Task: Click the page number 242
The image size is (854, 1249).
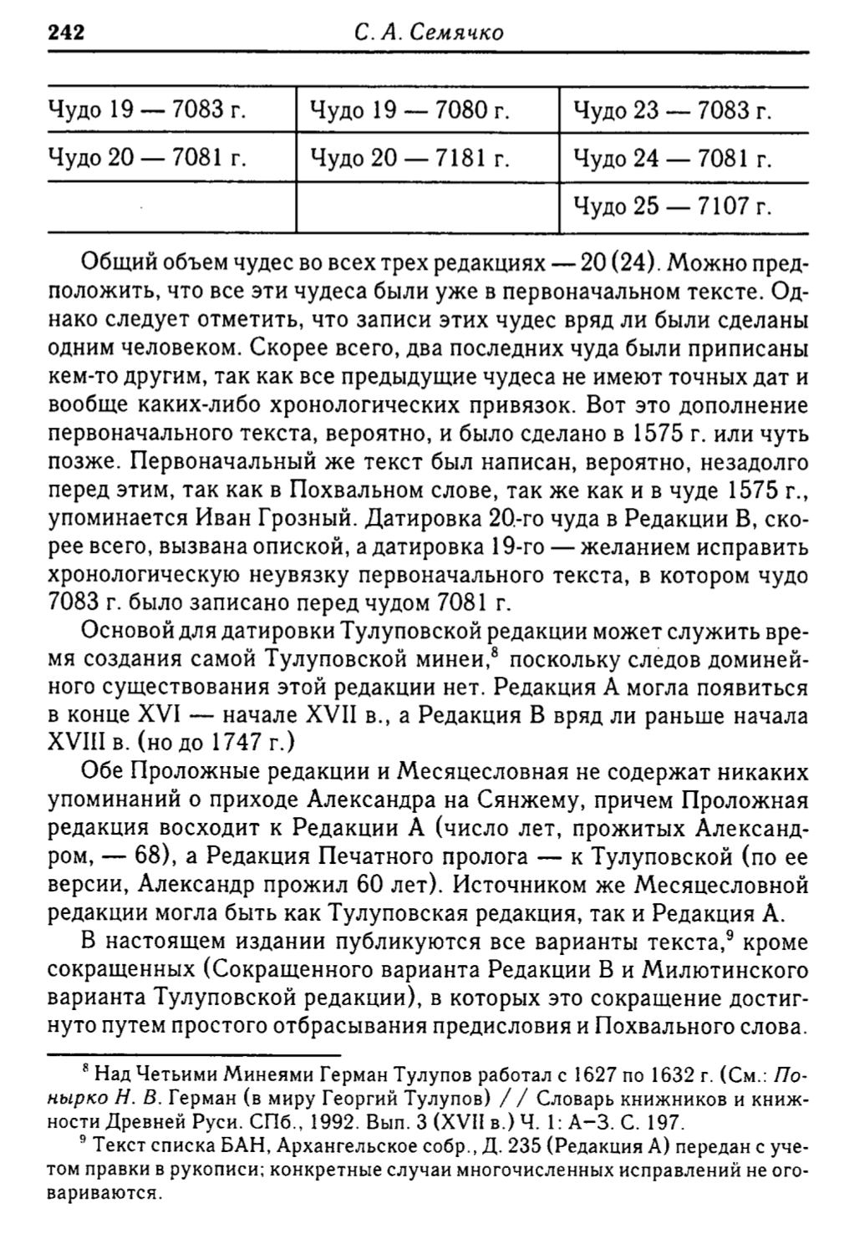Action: coord(67,33)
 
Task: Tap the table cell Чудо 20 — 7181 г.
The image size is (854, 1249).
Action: coord(409,158)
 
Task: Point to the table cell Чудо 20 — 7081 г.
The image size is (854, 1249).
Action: coord(146,158)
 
